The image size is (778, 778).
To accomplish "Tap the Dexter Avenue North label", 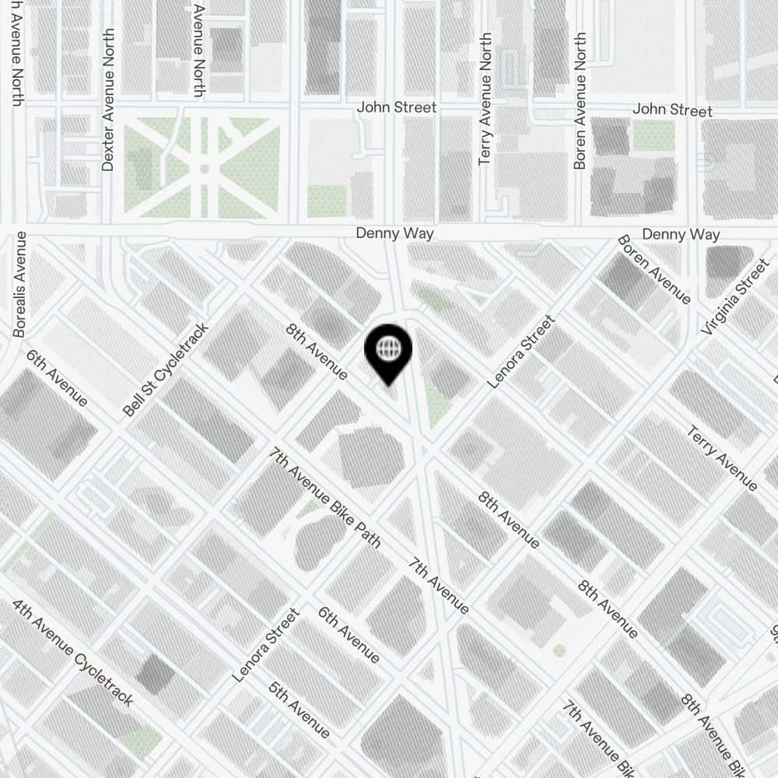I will pos(108,100).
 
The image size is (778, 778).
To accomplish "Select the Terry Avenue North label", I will pos(485,99).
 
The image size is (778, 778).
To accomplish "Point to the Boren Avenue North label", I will pos(580,101).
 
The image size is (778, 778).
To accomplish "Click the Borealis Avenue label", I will pos(20,284).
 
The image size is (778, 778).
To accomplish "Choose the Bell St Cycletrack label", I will pos(166,370).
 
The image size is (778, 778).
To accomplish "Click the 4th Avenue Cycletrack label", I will pos(73,652).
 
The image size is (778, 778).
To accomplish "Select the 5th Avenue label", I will pos(299,709).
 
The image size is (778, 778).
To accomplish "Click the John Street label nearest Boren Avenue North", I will pos(672,110).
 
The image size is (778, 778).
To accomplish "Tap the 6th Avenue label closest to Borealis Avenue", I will pos(57,377).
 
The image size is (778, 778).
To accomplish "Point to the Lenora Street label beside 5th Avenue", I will pos(266,646).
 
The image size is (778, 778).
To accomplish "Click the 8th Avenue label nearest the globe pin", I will pos(317,352).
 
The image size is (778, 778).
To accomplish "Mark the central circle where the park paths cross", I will pos(204,168).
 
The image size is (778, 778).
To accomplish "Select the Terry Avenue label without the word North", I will pos(722,458).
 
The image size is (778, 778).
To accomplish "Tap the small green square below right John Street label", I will pos(653,136).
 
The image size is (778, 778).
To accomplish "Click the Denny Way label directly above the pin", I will pos(394,233).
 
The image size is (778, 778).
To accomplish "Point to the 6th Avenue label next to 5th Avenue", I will pos(349,635).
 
